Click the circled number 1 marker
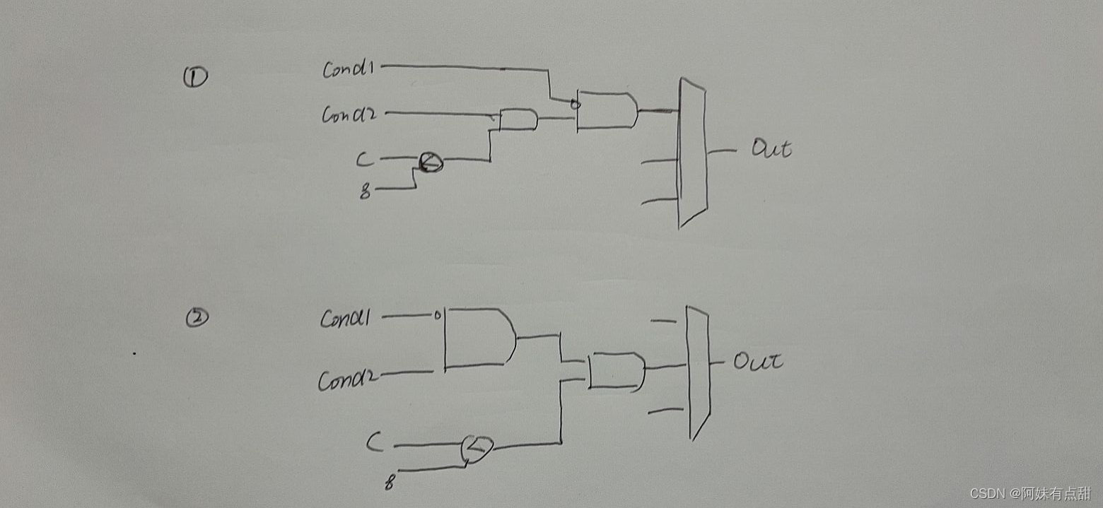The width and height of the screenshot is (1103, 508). [x=195, y=76]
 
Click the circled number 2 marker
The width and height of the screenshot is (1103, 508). [x=197, y=319]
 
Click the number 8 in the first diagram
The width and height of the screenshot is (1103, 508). [x=365, y=191]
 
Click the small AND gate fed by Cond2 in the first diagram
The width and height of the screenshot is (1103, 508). [x=518, y=120]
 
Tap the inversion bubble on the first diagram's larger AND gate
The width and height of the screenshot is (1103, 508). [x=575, y=105]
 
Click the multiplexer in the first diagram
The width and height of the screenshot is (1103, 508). [x=691, y=152]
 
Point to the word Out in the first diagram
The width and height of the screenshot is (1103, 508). [x=771, y=149]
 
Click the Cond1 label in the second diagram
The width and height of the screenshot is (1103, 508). [x=345, y=319]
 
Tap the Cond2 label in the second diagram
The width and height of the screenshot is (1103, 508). [x=347, y=380]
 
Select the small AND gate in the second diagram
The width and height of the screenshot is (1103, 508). [x=616, y=371]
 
